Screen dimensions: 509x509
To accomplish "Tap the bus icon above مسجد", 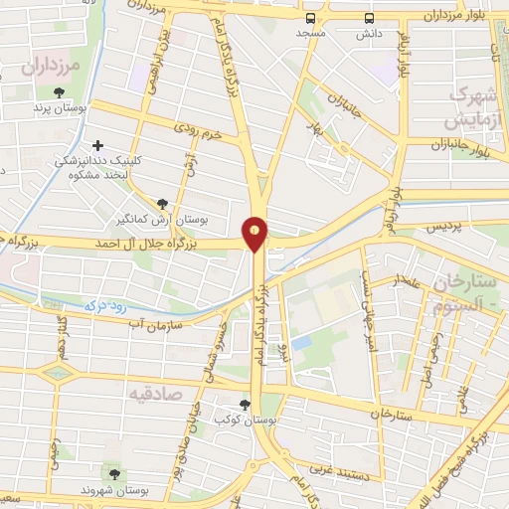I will click(x=312, y=18).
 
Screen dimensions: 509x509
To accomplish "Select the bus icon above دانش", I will click(x=370, y=18).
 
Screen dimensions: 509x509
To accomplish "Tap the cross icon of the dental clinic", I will click(x=97, y=145).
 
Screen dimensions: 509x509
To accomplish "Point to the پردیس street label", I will click(x=446, y=227).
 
